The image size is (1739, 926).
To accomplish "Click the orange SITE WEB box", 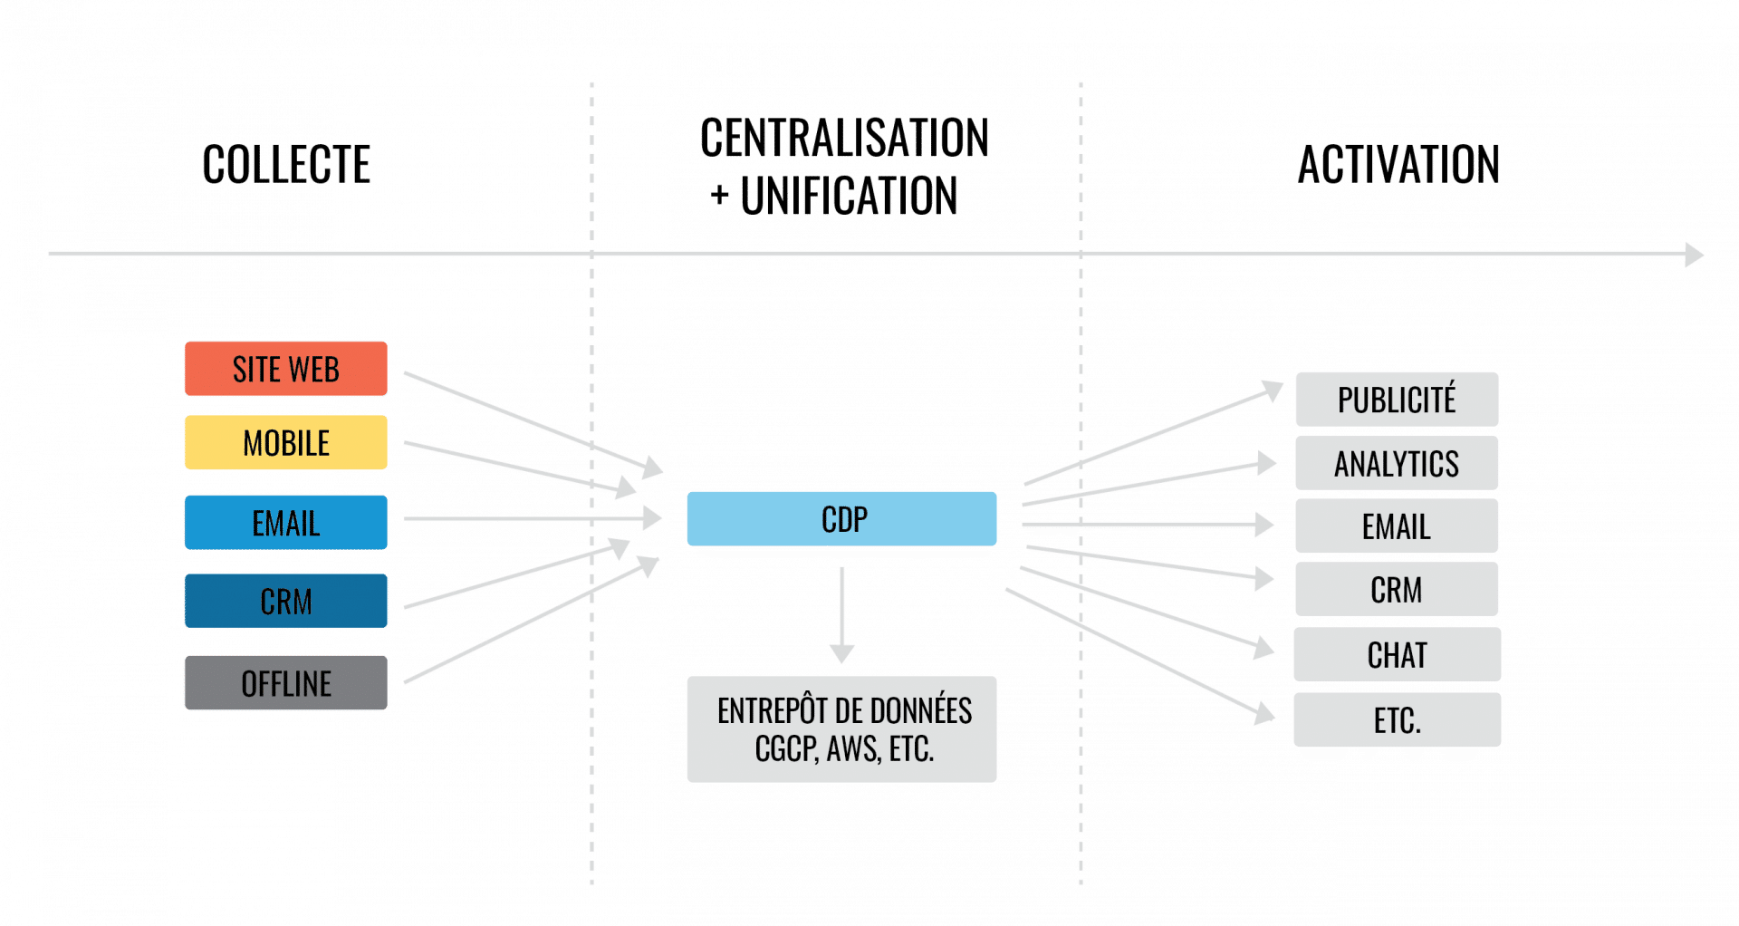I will (285, 369).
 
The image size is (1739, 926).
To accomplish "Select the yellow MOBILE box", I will (285, 443).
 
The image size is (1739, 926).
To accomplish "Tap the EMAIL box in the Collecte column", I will (285, 523).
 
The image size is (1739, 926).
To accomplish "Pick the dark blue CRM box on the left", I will (285, 602).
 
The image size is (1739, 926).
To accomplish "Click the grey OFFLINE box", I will (285, 683).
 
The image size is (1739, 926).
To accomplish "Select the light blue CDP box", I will (841, 519).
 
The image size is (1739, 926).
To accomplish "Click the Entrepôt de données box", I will (841, 729).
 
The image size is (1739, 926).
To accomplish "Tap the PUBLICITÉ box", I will (1397, 400).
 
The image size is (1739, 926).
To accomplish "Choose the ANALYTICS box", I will (1397, 464).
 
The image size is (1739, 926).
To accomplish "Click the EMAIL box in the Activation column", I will (1397, 526).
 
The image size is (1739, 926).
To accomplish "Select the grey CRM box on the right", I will (1397, 590).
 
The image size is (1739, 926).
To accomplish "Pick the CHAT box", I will (1397, 655).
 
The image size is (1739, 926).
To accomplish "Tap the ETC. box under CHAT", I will (1397, 721).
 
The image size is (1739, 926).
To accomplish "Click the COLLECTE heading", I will (286, 165).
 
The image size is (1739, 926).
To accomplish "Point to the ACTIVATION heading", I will (1398, 165).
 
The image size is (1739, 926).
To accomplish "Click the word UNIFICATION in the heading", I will (849, 197).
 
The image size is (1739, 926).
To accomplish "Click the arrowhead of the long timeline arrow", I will (1694, 255).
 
